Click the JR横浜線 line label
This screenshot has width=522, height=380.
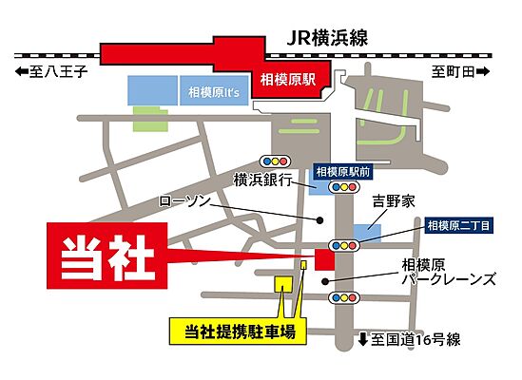(327, 38)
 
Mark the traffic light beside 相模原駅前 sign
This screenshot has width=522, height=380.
(341, 188)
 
